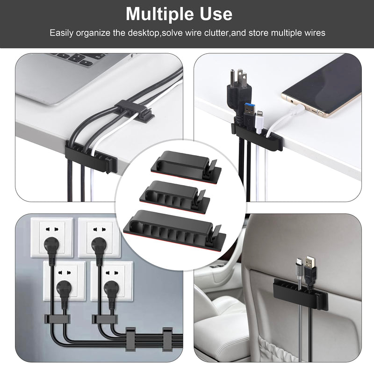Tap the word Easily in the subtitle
[65, 33]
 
